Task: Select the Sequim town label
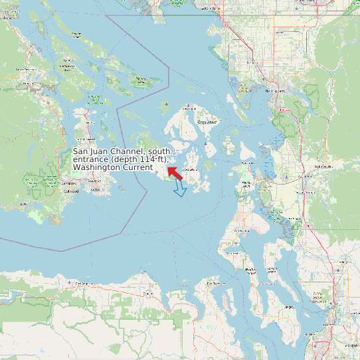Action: click(x=148, y=293)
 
